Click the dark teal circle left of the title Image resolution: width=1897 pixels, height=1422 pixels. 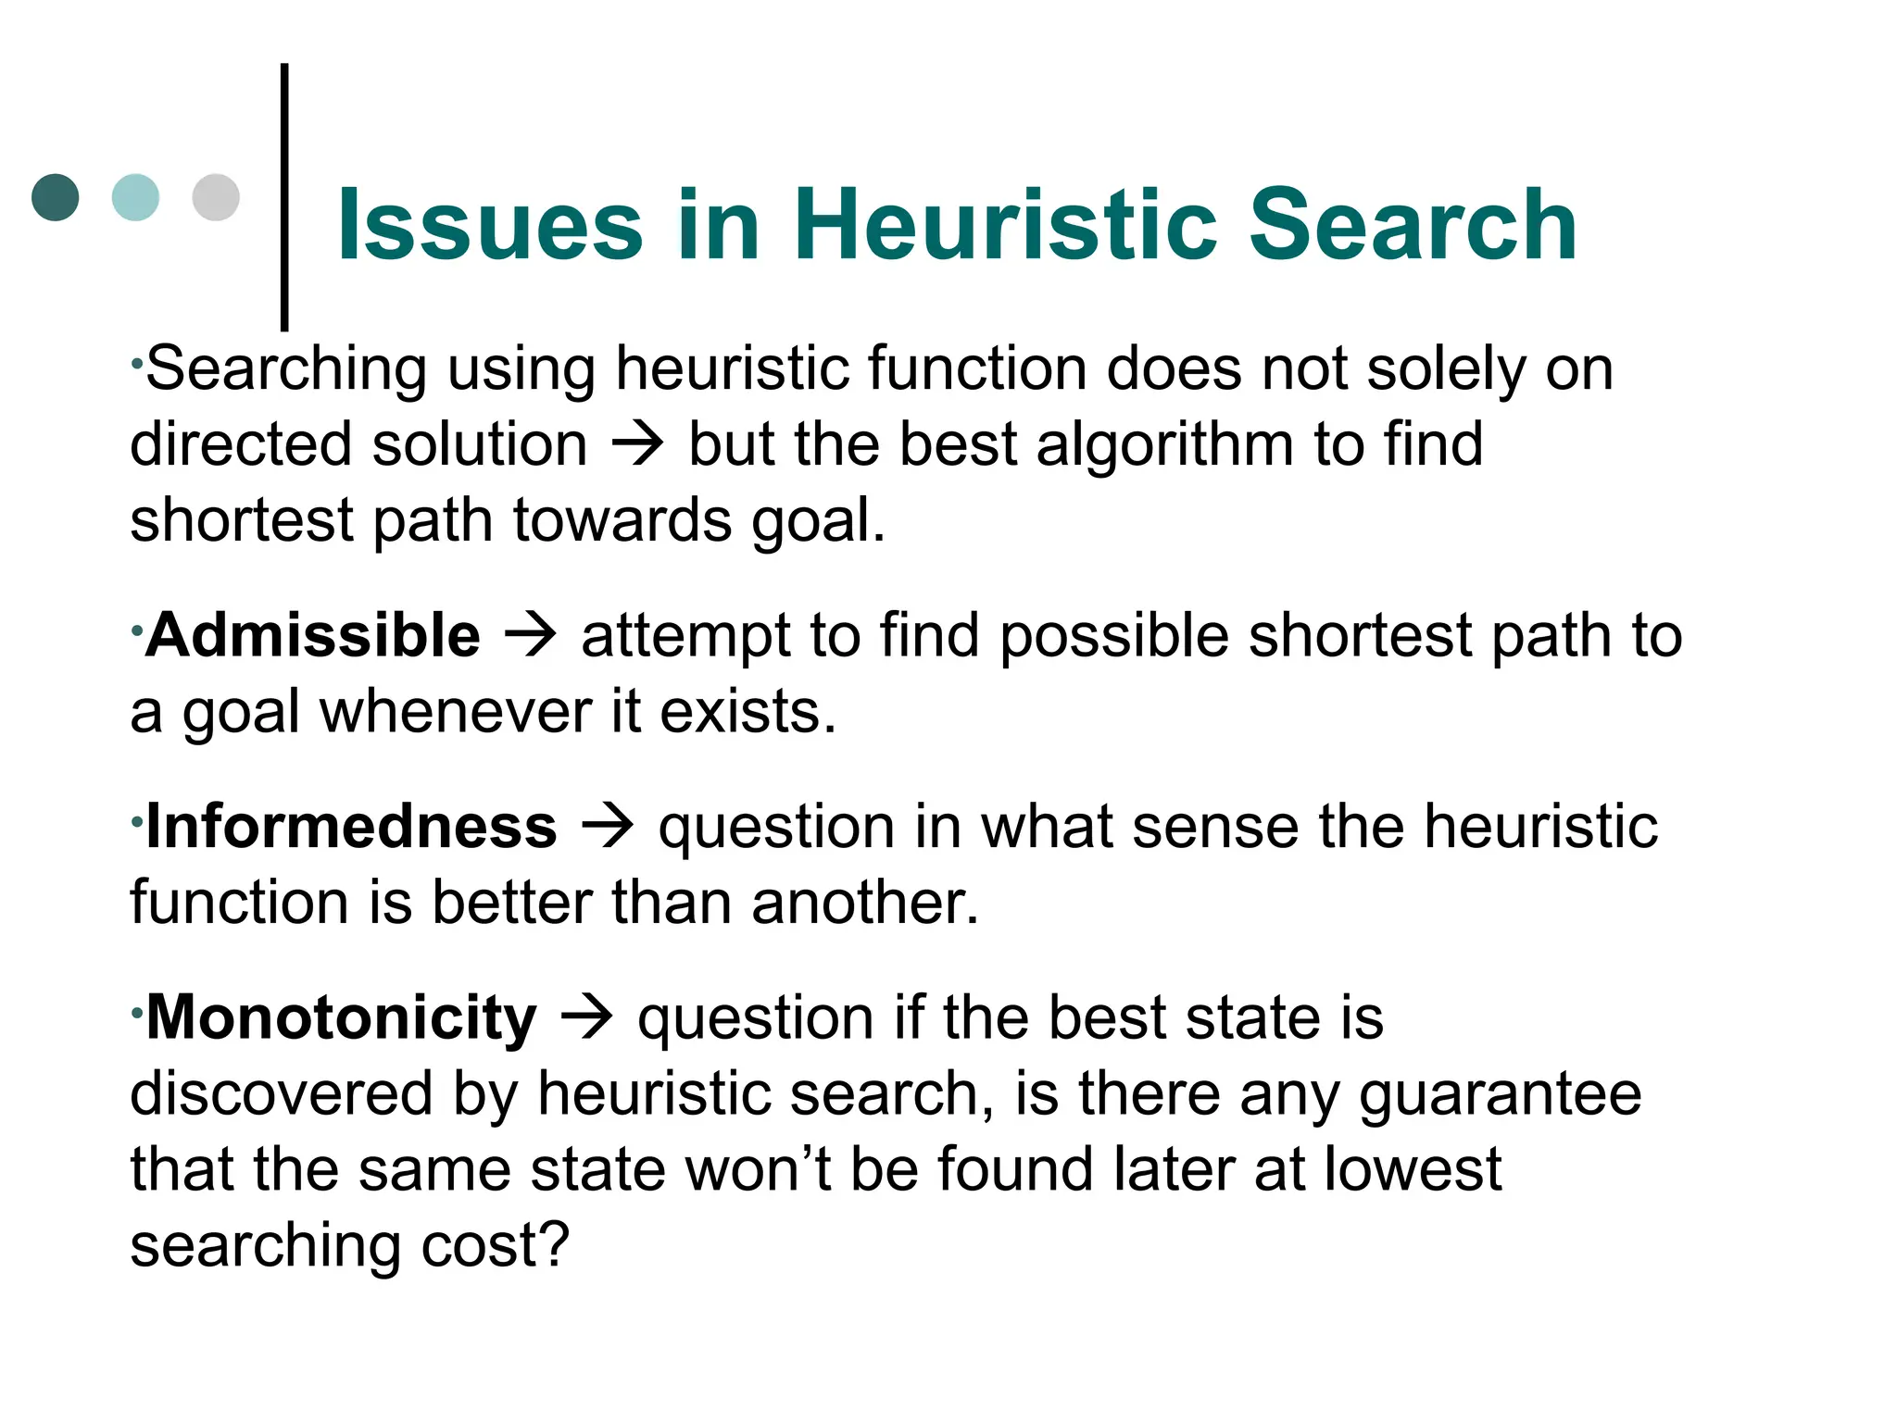click(x=56, y=197)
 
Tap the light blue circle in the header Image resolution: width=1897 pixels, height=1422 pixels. click(x=135, y=197)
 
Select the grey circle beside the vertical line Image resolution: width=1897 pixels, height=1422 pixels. click(x=216, y=197)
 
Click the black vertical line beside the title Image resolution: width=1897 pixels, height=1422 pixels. click(x=284, y=196)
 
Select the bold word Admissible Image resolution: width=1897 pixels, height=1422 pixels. click(x=313, y=636)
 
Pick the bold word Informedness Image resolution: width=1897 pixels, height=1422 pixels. click(x=352, y=827)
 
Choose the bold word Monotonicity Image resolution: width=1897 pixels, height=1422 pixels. click(x=341, y=1018)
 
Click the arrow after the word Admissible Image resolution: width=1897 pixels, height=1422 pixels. click(x=531, y=636)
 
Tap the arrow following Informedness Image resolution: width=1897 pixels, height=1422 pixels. click(x=608, y=827)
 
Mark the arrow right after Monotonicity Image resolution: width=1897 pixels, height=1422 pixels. click(x=587, y=1018)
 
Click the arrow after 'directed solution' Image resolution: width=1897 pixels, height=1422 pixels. click(x=638, y=445)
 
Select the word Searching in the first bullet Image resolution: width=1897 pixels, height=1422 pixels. click(x=286, y=369)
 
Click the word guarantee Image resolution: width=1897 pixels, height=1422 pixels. click(x=1500, y=1094)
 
